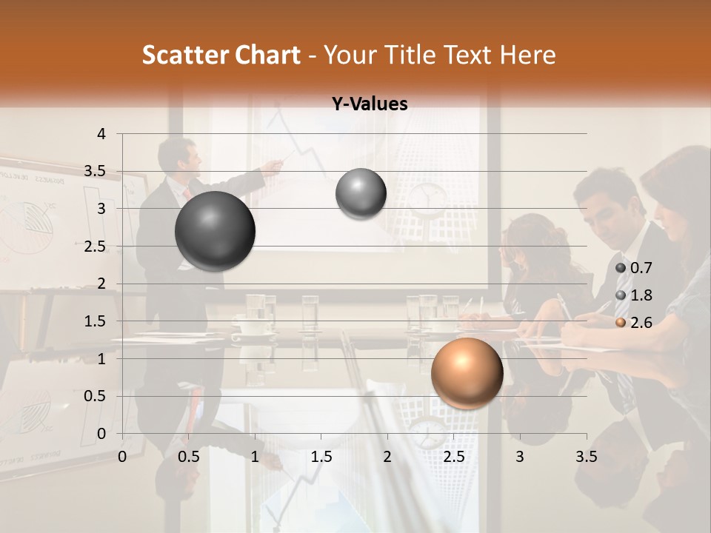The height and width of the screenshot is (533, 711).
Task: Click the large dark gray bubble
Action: point(216,231)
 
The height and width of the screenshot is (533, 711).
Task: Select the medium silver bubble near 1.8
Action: point(361,193)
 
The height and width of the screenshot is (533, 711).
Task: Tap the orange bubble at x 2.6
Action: point(467,372)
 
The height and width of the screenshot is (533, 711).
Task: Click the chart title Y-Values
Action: point(370,104)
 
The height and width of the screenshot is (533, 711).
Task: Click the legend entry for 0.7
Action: point(635,268)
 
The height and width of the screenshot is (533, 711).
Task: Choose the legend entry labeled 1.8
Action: point(635,295)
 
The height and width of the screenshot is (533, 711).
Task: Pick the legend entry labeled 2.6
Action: point(635,322)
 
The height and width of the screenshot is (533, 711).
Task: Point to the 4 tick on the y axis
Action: point(101,134)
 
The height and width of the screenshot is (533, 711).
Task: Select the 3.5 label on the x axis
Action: point(586,457)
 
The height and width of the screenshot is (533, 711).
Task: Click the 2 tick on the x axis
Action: point(387,457)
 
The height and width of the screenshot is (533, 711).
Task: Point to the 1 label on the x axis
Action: point(255,457)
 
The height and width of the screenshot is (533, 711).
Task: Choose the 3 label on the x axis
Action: point(520,457)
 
